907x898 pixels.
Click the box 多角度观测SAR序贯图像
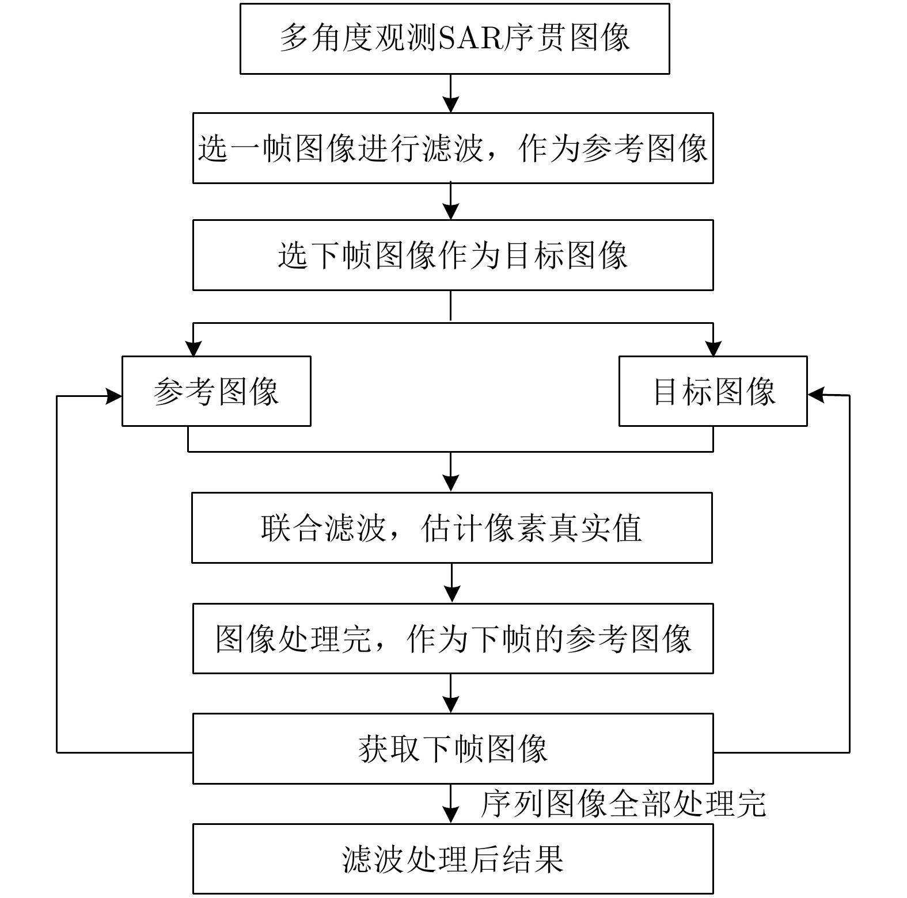click(454, 39)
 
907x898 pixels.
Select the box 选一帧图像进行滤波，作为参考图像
click(453, 148)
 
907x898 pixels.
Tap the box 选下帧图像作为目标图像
click(453, 255)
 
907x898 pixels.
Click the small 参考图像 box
click(216, 391)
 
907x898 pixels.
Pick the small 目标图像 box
click(713, 391)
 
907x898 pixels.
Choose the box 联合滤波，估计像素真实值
click(451, 528)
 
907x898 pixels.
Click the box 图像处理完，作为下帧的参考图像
click(453, 639)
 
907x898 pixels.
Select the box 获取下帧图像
click(453, 748)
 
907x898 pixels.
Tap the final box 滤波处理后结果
click(453, 859)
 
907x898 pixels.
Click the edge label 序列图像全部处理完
click(623, 804)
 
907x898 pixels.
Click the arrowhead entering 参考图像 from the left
click(114, 396)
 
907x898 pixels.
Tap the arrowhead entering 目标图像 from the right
click(815, 395)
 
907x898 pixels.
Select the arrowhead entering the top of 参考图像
click(193, 349)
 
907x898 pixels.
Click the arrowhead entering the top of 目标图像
click(713, 349)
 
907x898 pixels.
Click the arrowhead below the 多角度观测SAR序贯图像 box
click(451, 104)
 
